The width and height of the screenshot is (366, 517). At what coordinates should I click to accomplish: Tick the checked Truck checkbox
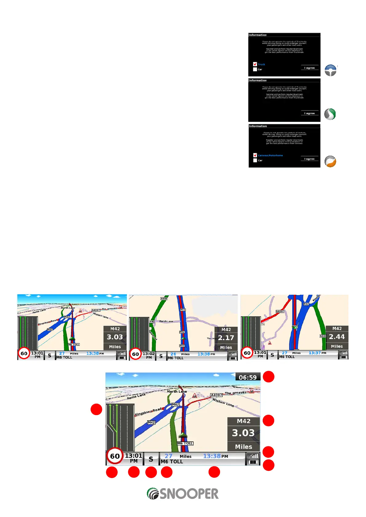255,64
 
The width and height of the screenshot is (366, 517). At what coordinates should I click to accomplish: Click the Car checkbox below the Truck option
255,69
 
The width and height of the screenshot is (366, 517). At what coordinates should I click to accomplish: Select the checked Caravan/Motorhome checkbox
255,155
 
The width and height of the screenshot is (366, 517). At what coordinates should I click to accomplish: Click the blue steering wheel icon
330,70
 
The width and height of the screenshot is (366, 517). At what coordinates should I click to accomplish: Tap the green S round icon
330,114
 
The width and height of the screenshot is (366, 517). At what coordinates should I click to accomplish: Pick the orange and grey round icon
330,161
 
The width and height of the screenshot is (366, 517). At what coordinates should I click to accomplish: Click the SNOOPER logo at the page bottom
183,494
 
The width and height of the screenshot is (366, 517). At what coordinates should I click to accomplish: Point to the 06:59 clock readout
248,378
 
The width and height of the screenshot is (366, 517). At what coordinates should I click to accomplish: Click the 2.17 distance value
226,338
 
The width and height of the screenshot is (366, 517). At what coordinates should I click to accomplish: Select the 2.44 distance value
337,337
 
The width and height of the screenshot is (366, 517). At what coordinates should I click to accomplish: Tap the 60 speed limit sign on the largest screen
115,456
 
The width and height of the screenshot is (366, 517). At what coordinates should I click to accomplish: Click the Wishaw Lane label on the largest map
223,402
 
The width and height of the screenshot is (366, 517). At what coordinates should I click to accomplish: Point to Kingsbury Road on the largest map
148,412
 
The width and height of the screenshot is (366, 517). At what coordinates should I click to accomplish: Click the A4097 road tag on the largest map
216,395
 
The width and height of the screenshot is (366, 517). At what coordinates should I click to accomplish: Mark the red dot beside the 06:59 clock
269,377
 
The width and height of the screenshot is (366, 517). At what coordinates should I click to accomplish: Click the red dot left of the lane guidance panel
96,409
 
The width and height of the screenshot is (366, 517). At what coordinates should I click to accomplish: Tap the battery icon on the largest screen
253,462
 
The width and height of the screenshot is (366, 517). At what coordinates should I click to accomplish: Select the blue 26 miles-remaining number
173,354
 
